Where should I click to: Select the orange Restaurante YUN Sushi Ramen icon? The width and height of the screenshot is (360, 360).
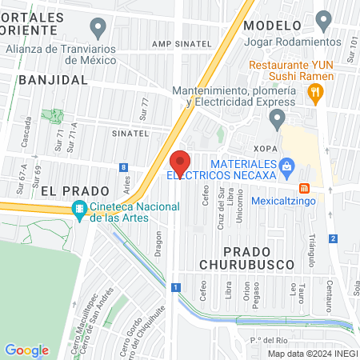(x=316, y=94)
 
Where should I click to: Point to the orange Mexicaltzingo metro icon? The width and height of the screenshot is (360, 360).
(x=304, y=188)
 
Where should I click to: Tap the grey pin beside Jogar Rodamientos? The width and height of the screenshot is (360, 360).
(x=323, y=19)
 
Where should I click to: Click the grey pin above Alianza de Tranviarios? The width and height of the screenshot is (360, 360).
(x=98, y=30)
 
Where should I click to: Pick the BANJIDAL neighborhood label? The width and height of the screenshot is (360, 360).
(x=51, y=80)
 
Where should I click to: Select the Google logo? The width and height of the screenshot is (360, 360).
(x=27, y=350)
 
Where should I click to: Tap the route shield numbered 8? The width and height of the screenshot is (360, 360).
(x=122, y=168)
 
